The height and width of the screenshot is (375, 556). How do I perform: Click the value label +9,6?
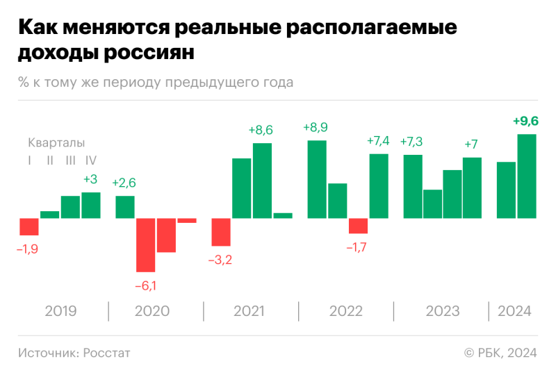(x=525, y=122)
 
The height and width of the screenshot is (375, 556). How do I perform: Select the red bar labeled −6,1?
(x=145, y=244)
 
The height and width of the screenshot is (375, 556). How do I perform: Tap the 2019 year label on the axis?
(x=61, y=311)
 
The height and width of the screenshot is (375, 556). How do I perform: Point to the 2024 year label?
(x=514, y=311)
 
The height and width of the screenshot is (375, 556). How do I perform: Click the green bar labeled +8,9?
(x=317, y=179)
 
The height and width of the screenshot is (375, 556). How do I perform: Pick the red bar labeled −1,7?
(x=358, y=226)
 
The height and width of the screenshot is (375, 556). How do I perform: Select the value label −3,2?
(x=220, y=260)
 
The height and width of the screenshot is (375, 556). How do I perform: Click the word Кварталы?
(x=56, y=143)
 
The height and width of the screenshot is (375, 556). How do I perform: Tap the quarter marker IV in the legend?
(x=90, y=160)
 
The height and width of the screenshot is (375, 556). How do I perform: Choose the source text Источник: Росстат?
(x=74, y=353)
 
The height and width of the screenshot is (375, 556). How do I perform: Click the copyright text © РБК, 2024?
(x=500, y=353)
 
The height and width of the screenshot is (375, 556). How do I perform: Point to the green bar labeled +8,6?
(x=262, y=181)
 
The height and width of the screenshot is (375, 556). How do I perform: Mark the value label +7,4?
(x=379, y=142)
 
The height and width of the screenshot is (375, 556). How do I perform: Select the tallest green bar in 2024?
(x=527, y=176)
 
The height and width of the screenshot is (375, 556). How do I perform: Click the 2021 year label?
(x=250, y=311)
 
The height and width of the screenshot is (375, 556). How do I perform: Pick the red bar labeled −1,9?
(x=29, y=226)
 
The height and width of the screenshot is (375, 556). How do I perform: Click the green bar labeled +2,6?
(x=125, y=207)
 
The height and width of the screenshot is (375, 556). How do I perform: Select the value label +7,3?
(x=412, y=142)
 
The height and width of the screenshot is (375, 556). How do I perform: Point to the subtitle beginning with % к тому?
(x=156, y=83)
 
